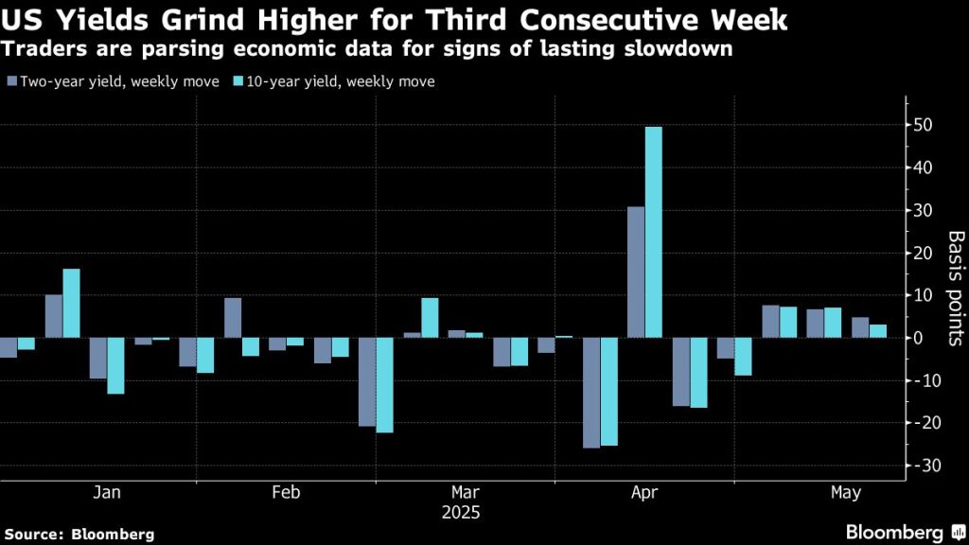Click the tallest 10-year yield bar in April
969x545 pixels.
click(653, 232)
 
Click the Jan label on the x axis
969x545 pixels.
click(107, 492)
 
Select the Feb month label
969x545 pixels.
click(286, 492)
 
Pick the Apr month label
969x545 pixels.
click(644, 492)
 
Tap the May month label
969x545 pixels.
click(845, 492)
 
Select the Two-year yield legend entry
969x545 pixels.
click(113, 81)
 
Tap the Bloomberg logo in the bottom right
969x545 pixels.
click(900, 533)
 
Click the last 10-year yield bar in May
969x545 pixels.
click(878, 331)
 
